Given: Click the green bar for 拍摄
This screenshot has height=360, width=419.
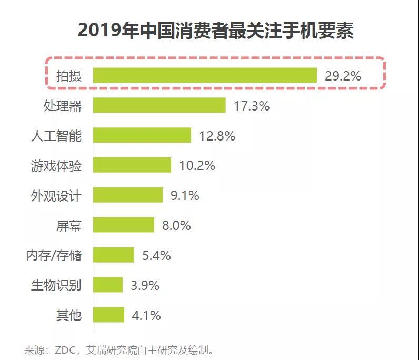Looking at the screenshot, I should click(205, 75).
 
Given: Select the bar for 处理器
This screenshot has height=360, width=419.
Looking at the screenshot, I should click(159, 105).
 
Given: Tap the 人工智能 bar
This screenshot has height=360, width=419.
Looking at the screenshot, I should click(142, 135).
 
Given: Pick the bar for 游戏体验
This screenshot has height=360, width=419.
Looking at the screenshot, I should click(132, 165).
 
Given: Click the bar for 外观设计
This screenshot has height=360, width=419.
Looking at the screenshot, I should click(128, 195).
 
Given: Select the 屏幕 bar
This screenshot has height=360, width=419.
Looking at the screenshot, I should click(124, 225).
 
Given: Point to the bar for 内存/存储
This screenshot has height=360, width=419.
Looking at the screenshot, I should click(114, 255).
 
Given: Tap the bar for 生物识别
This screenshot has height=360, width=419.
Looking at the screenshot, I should click(108, 285).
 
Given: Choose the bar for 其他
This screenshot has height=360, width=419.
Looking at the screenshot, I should click(109, 315).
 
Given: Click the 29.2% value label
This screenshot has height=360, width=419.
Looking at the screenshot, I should click(343, 76).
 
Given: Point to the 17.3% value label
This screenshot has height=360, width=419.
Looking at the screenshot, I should click(252, 106).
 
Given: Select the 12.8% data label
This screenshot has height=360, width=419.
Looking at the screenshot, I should click(217, 136).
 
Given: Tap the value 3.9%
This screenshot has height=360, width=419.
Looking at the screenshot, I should click(145, 286).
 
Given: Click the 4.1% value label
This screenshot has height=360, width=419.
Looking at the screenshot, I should click(146, 316).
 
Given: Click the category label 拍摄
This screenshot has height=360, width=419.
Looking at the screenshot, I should click(69, 76).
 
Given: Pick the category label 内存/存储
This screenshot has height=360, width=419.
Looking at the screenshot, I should click(54, 256).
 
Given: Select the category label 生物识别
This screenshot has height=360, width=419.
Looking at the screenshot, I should click(56, 286).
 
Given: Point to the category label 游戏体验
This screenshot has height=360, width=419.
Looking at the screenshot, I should click(56, 166).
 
